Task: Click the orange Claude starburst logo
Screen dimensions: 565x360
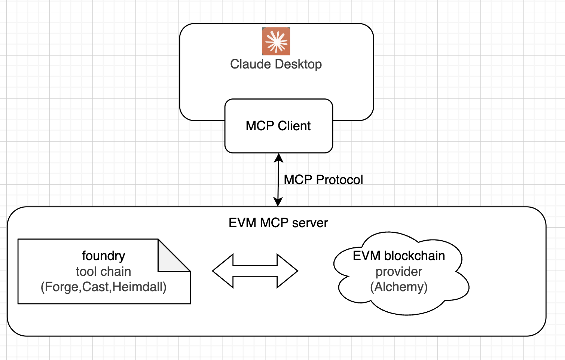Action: point(276,42)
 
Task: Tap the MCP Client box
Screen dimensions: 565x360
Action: point(279,126)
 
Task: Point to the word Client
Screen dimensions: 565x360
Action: point(294,126)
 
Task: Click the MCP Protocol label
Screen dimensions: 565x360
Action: point(323,180)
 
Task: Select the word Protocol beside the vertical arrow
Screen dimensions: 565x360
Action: point(339,180)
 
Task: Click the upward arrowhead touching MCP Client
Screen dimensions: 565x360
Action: point(278,158)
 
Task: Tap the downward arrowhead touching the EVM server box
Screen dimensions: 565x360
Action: point(278,202)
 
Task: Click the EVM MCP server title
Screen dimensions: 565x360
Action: point(278,223)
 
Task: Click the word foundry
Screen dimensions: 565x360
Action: point(104,256)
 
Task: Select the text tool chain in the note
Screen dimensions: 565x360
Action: point(104,272)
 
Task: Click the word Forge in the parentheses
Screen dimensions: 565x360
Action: point(62,287)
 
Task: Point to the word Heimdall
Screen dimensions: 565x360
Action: point(137,287)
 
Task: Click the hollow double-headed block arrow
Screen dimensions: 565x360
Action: point(255,271)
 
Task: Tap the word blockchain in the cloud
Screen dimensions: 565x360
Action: point(415,256)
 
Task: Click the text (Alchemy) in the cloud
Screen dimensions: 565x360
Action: point(399,287)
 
